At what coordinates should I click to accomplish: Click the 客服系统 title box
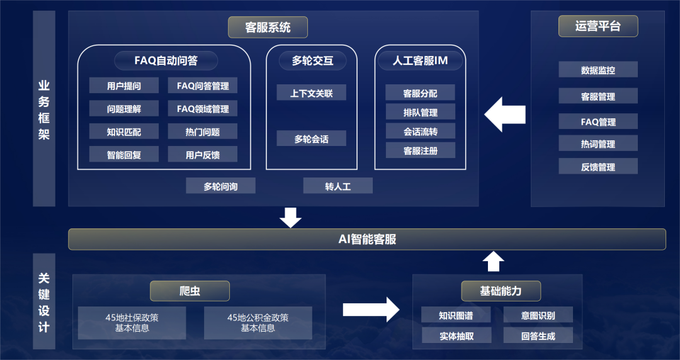point(268,27)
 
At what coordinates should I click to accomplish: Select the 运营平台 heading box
point(598,26)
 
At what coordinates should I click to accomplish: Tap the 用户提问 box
point(124,86)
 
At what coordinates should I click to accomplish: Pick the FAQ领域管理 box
point(203,109)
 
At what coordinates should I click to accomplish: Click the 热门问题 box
point(203,132)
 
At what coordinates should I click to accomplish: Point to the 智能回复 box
point(124,154)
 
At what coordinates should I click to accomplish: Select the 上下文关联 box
point(311,93)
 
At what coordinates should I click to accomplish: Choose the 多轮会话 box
point(311,138)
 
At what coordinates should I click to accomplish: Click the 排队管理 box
point(420,113)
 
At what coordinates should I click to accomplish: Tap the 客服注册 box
point(420,151)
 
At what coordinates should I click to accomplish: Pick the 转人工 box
point(337,186)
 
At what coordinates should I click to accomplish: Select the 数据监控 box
point(598,70)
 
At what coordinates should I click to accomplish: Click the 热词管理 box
point(598,144)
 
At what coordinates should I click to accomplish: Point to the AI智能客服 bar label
point(367,239)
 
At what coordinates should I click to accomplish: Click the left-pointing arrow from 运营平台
point(505,114)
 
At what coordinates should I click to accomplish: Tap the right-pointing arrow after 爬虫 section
point(371,309)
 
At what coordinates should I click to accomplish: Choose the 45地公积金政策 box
point(258,323)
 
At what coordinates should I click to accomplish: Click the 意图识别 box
point(538,315)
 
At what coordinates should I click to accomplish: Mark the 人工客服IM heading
point(420,60)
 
